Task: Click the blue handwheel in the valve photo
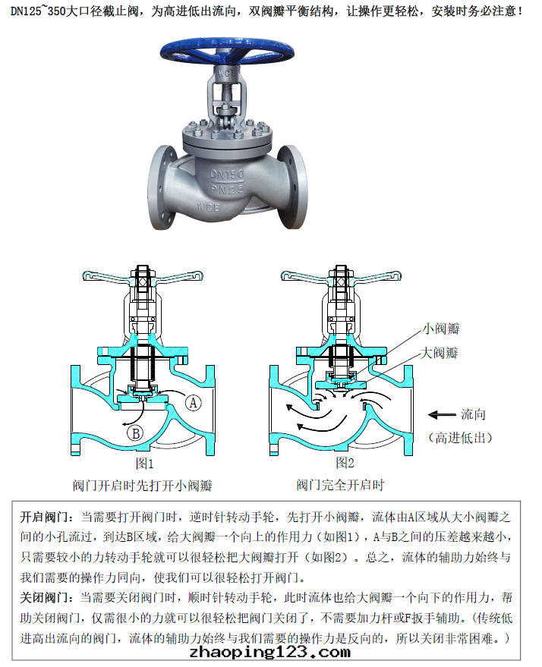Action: coord(227,50)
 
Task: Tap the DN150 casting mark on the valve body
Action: coord(227,174)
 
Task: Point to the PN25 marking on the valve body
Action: coord(227,188)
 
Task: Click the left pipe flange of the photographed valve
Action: coord(163,187)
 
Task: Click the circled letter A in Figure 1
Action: coord(193,402)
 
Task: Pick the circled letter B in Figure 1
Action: coord(136,433)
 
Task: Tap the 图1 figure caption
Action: coord(144,463)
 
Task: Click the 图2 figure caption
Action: coord(345,462)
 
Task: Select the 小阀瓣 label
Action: coord(441,329)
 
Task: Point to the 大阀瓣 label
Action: coord(439,353)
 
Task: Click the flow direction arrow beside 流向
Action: coord(442,415)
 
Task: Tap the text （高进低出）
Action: coord(460,437)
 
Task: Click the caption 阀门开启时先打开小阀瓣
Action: coord(143,486)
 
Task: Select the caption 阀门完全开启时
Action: coord(340,485)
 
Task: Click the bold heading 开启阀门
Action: coord(44,518)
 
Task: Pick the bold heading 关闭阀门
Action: coord(44,598)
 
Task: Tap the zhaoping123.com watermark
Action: coord(270,652)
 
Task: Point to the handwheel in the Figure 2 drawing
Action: coord(341,276)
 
